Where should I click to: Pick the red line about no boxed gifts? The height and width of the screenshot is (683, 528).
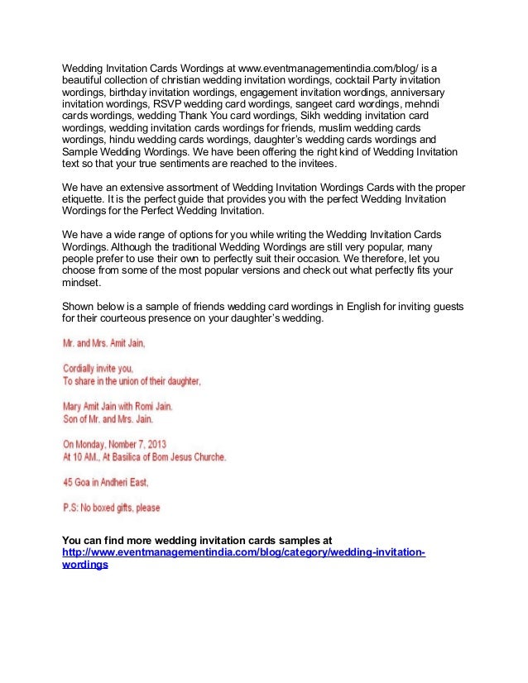tap(112, 506)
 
